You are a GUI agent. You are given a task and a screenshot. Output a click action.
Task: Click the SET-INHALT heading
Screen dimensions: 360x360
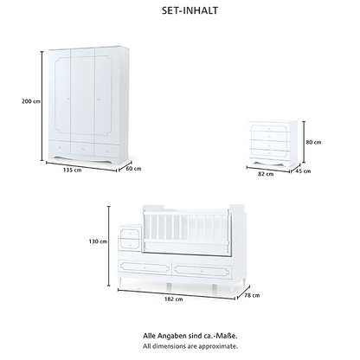190,10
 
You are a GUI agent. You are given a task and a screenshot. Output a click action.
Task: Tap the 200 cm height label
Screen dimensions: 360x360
31,101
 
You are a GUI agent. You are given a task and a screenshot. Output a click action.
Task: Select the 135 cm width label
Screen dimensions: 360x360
72,170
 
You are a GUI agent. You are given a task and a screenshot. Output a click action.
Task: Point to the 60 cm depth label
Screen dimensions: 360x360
133,169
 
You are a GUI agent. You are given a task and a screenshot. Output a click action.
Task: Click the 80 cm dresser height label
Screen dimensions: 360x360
313,142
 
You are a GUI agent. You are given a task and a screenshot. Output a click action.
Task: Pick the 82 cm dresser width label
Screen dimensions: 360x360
266,174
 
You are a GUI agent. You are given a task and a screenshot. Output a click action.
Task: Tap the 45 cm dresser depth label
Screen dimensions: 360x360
303,171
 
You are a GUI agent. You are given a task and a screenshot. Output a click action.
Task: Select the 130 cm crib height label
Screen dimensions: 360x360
98,241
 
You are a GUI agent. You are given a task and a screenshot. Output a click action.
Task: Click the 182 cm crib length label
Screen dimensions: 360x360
174,299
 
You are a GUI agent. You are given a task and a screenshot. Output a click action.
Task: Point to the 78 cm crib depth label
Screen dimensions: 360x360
252,295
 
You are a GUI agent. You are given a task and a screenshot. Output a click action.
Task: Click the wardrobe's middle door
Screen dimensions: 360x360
82,93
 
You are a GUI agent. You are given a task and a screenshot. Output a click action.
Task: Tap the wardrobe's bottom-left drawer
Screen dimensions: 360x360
59,147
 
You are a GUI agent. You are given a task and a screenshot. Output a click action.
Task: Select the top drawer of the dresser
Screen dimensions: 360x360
269,129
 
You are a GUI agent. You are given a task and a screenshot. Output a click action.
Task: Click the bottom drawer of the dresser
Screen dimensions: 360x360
269,153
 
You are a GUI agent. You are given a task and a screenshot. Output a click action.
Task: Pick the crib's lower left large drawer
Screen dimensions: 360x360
145,268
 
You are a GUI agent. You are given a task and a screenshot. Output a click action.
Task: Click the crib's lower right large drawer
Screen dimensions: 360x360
202,271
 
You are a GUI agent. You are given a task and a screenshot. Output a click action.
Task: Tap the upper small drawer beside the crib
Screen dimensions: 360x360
130,233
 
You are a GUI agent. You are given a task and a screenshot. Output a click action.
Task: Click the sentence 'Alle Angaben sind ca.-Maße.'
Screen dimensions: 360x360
190,336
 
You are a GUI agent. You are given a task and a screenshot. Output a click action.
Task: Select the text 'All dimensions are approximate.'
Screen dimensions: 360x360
190,346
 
